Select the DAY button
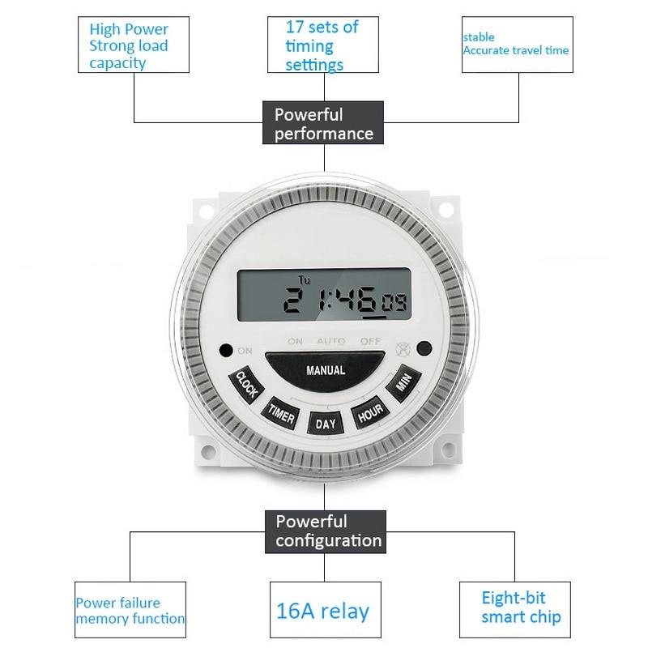tap(325, 423)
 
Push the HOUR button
tap(369, 412)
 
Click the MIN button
tap(403, 384)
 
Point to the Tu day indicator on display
tap(304, 280)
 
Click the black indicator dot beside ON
tap(225, 350)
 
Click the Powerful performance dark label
tap(324, 124)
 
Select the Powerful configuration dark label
tap(325, 531)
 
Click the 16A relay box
tap(322, 610)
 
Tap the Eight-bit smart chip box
tap(510, 607)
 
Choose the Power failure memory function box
tap(130, 611)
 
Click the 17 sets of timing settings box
tap(322, 45)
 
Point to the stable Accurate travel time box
tap(516, 44)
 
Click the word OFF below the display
tap(370, 342)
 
